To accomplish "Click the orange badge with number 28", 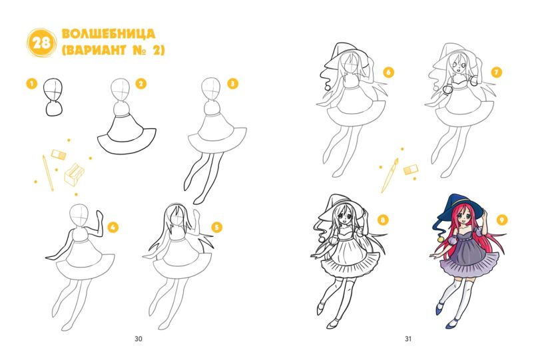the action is [x=41, y=43].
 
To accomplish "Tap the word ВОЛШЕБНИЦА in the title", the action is [x=109, y=34].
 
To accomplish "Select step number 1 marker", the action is [x=32, y=84].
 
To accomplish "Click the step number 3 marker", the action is [x=232, y=84].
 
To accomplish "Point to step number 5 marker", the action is [x=216, y=228].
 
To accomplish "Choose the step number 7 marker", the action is [x=496, y=73].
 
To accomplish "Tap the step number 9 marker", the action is [x=501, y=220].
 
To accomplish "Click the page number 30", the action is [x=138, y=339].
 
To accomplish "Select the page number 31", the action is [x=408, y=339].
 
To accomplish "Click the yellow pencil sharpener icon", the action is [x=74, y=174].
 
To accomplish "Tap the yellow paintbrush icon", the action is [x=390, y=176].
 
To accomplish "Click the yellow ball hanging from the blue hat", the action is [x=441, y=240].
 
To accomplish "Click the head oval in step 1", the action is [x=53, y=90].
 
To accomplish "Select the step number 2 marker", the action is [x=140, y=84].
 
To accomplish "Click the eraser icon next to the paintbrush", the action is [x=411, y=170].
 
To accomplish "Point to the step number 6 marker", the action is [x=388, y=73].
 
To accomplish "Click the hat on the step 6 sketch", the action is [x=345, y=56].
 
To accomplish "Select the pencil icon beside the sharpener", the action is [x=48, y=173].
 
